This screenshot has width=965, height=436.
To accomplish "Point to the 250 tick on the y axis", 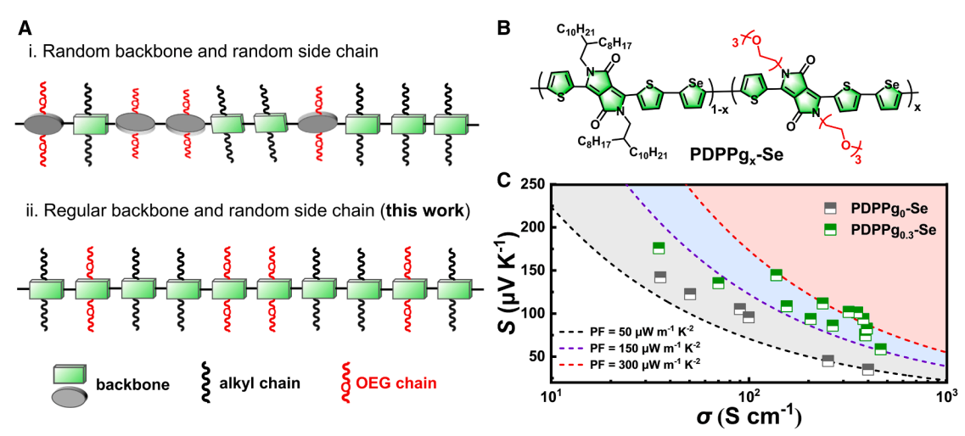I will point(533,184).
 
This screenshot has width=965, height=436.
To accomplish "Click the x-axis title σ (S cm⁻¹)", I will point(736,418).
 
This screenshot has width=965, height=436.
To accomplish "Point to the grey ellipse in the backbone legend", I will point(68,395).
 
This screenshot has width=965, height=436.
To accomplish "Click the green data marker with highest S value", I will point(658,248).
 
